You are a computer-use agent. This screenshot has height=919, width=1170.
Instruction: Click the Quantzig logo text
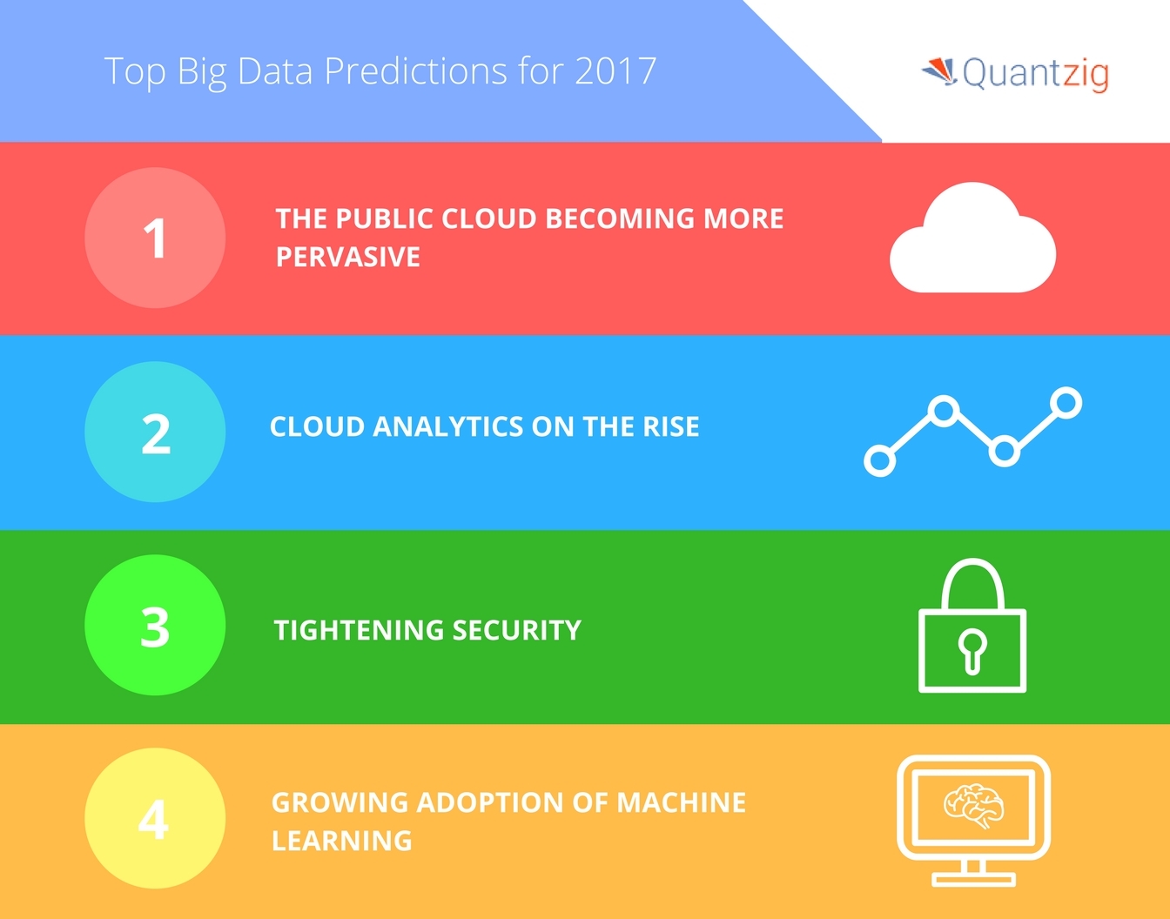[1035, 73]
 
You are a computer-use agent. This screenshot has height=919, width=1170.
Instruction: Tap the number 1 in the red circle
[155, 238]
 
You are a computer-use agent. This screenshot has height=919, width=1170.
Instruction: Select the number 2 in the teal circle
[156, 433]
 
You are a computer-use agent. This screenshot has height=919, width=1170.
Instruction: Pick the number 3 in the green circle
[155, 627]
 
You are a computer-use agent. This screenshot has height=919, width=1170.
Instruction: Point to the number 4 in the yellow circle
[153, 820]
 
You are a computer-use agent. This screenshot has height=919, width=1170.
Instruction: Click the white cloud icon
[973, 238]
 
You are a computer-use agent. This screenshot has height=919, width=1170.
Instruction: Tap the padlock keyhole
[972, 652]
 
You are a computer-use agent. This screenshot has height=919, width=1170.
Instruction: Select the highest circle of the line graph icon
[1066, 402]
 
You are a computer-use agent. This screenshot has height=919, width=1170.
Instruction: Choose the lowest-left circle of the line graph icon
[880, 460]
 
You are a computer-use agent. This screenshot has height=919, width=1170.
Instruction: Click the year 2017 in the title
[615, 70]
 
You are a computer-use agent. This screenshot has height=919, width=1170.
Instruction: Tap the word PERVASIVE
[348, 257]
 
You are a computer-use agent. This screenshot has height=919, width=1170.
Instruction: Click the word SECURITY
[516, 630]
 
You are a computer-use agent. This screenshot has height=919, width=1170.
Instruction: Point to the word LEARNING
[342, 841]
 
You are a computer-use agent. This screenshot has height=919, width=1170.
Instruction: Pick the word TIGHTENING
[359, 630]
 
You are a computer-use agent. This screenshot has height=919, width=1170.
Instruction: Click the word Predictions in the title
[415, 70]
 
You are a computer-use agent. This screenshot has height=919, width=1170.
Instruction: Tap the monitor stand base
[973, 880]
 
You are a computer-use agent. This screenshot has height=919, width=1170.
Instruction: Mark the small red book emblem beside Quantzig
[939, 71]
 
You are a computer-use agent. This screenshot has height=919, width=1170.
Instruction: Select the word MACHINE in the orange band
[681, 802]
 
